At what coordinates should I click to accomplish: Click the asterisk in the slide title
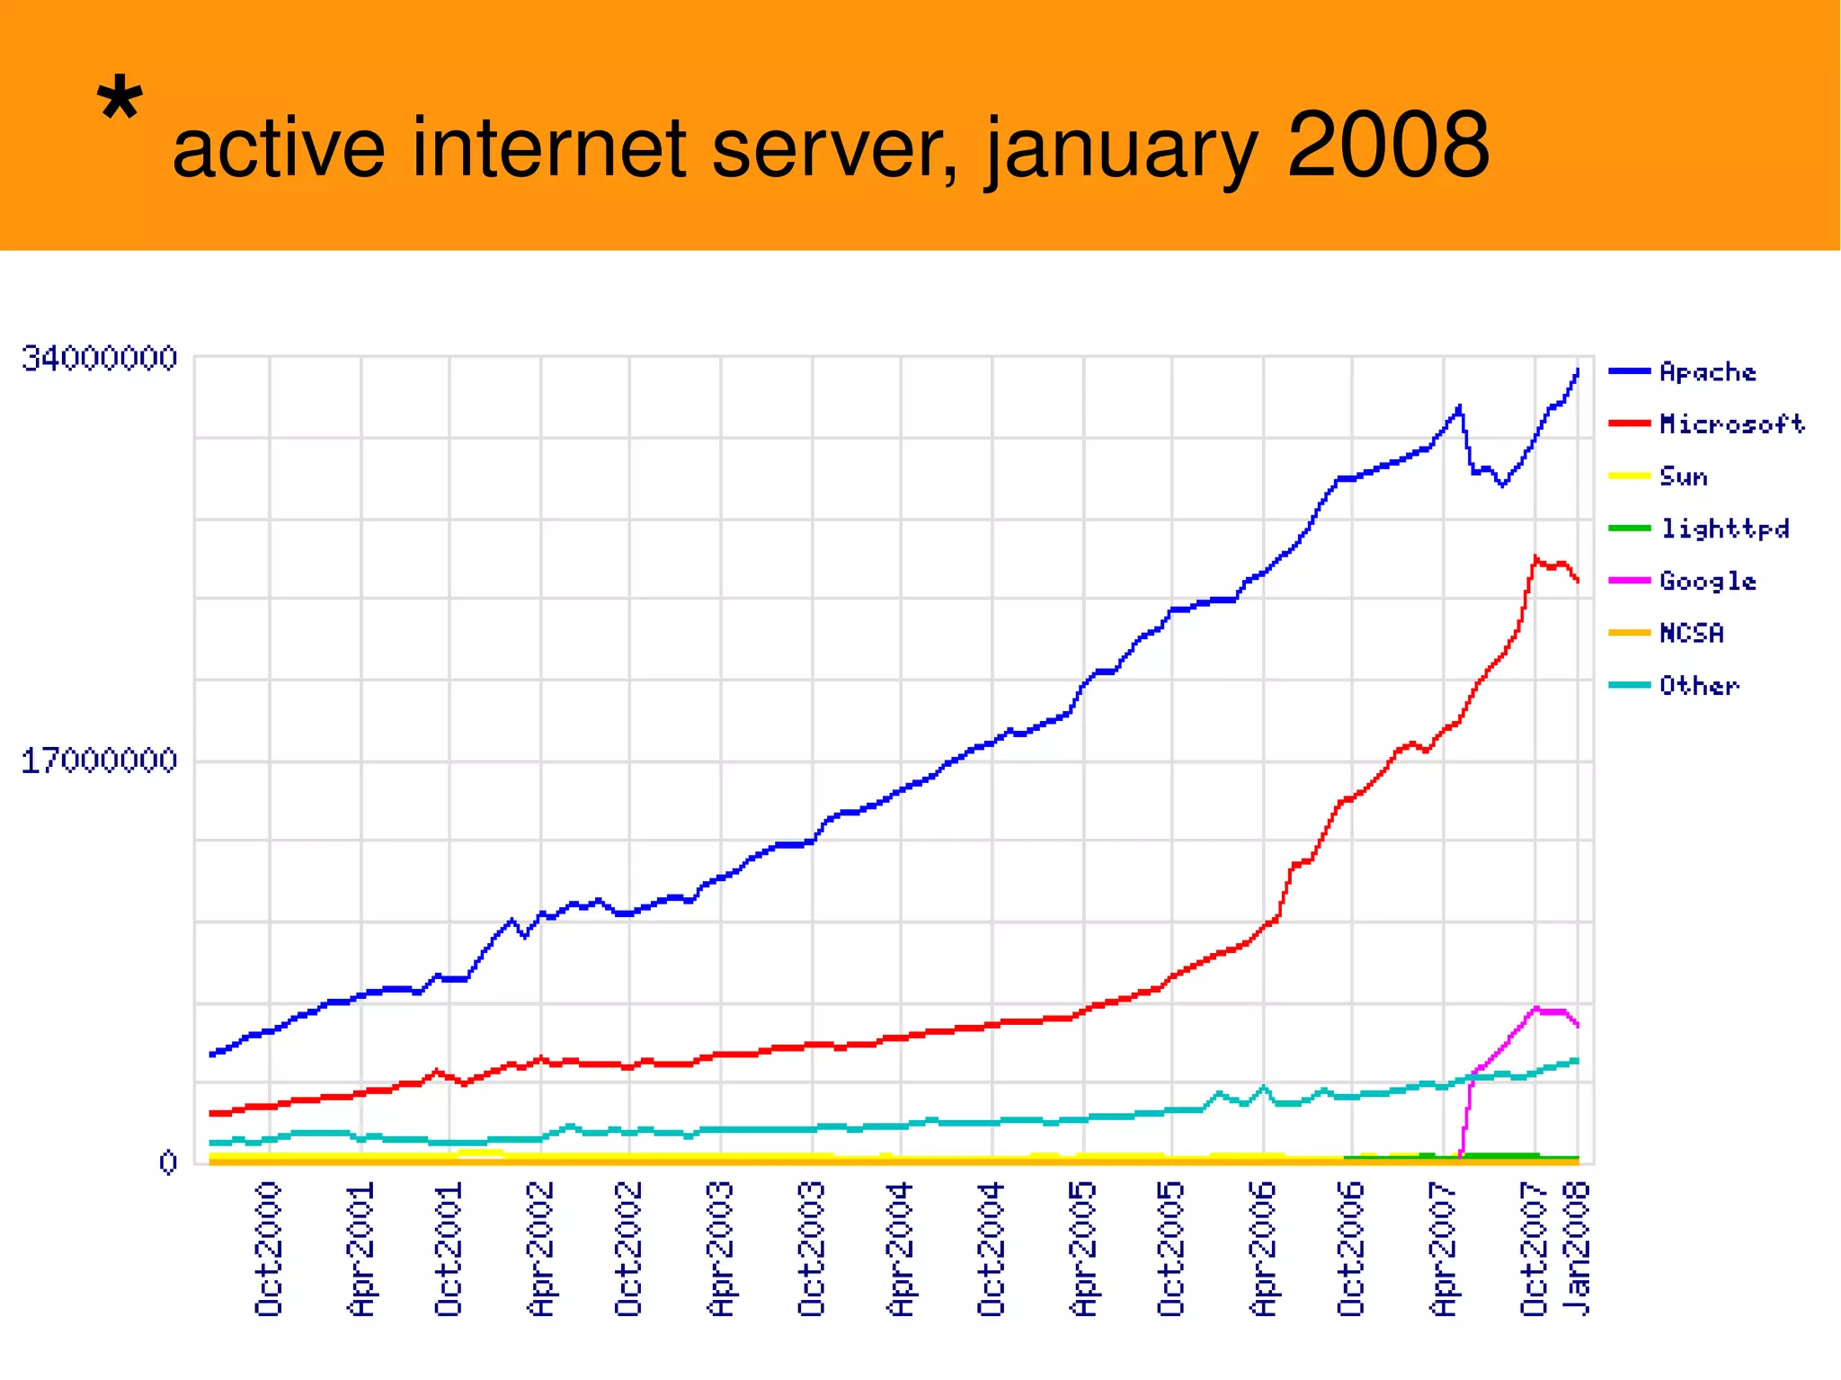(120, 100)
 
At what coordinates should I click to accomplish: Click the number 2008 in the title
(1388, 145)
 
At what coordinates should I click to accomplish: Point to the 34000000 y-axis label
(100, 358)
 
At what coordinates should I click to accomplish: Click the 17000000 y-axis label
(100, 761)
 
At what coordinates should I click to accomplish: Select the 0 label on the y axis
(168, 1162)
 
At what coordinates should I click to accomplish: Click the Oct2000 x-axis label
(269, 1250)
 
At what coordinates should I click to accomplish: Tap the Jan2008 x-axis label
(1577, 1250)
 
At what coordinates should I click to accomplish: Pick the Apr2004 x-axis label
(901, 1250)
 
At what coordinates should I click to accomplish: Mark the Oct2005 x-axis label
(1171, 1250)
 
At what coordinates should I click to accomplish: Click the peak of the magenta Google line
(1536, 1008)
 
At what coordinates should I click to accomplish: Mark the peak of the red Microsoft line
(1535, 557)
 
